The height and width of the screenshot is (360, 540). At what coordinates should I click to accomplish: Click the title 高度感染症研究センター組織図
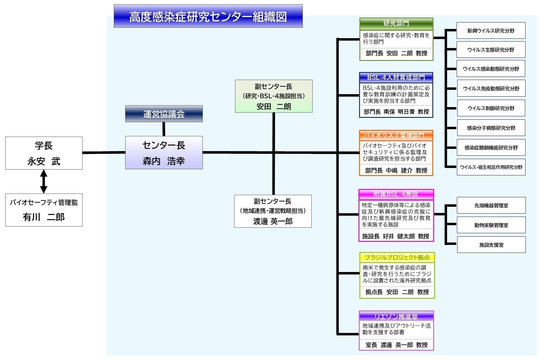(208, 16)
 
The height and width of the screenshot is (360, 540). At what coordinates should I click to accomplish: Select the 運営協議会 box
(164, 114)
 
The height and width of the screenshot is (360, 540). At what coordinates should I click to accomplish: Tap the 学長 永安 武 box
(44, 153)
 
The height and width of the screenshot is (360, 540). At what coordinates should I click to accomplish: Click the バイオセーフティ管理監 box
(44, 210)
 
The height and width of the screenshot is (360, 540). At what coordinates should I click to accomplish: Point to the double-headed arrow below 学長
(44, 182)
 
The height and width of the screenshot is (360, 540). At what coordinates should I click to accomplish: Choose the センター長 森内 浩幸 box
(164, 153)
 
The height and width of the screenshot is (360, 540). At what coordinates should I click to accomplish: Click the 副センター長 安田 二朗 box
(274, 96)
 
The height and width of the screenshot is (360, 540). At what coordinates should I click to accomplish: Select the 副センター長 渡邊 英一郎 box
(273, 211)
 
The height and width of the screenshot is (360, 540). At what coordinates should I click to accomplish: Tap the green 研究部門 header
(396, 23)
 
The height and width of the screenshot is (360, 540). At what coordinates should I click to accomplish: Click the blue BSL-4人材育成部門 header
(396, 78)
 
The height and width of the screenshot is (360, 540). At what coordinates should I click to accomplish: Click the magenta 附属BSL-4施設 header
(396, 194)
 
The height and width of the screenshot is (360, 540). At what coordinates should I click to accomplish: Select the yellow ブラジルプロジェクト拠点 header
(397, 258)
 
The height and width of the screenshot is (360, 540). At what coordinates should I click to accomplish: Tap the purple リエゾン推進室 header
(396, 316)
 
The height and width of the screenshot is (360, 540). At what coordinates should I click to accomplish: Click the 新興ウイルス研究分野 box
(491, 30)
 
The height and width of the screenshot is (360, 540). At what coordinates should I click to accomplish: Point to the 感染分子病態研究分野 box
(491, 128)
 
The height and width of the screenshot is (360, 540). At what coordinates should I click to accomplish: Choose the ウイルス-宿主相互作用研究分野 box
(491, 167)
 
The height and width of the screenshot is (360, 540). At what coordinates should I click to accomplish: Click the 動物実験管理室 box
(491, 225)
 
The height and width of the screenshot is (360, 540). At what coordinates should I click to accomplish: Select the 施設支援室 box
(491, 245)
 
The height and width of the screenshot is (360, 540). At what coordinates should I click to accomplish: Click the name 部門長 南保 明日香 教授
(396, 112)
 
